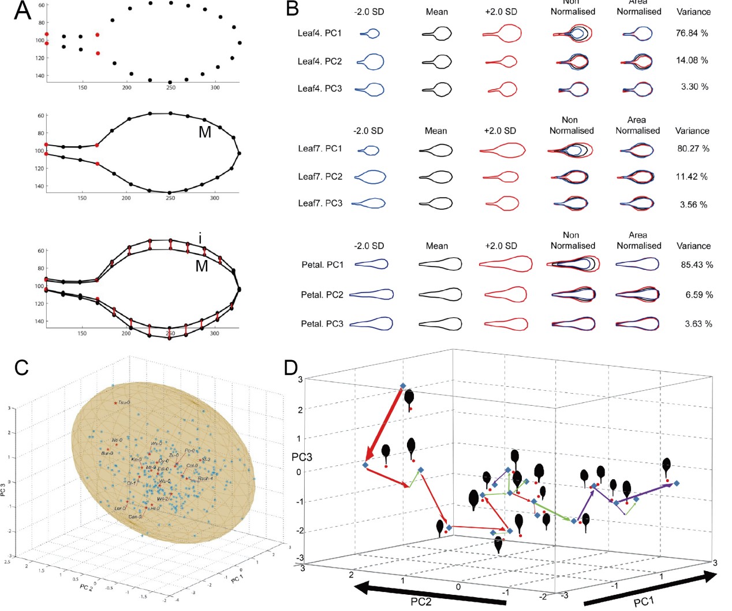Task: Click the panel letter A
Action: [22, 12]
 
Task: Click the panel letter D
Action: [292, 368]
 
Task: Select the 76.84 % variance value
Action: [692, 34]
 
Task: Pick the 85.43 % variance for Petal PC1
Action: [697, 265]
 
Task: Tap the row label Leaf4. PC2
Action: [319, 61]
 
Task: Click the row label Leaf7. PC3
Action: [320, 203]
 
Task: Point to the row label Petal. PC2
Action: [322, 295]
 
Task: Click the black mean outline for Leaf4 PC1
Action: [437, 34]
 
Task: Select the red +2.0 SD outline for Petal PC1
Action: [506, 264]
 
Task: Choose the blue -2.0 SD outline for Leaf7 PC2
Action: [369, 177]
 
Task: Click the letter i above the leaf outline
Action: [200, 239]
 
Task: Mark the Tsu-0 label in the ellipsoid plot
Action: [124, 402]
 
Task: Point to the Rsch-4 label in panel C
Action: [206, 479]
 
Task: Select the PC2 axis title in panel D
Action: [421, 602]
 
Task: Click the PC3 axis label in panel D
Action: [301, 457]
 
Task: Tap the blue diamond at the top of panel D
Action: [403, 386]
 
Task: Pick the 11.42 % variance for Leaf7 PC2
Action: [692, 177]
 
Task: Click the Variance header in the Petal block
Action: [693, 246]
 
